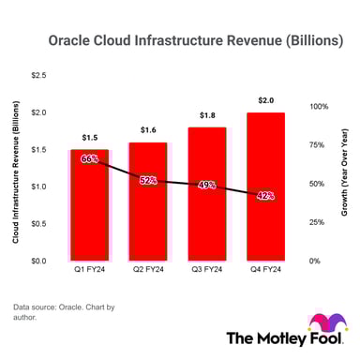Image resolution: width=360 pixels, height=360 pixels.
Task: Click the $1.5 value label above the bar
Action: [89, 138]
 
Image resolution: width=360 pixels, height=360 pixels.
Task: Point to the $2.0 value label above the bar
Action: [265, 100]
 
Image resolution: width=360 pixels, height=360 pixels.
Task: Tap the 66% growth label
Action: [89, 159]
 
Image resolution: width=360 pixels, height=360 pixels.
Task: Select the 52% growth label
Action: [148, 180]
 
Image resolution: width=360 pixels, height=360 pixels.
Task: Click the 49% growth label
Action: [207, 186]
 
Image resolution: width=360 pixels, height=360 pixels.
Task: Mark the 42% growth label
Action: [265, 196]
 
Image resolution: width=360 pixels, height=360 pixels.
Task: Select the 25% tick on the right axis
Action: [316, 222]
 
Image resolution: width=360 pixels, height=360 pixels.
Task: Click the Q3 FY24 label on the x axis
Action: [207, 272]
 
